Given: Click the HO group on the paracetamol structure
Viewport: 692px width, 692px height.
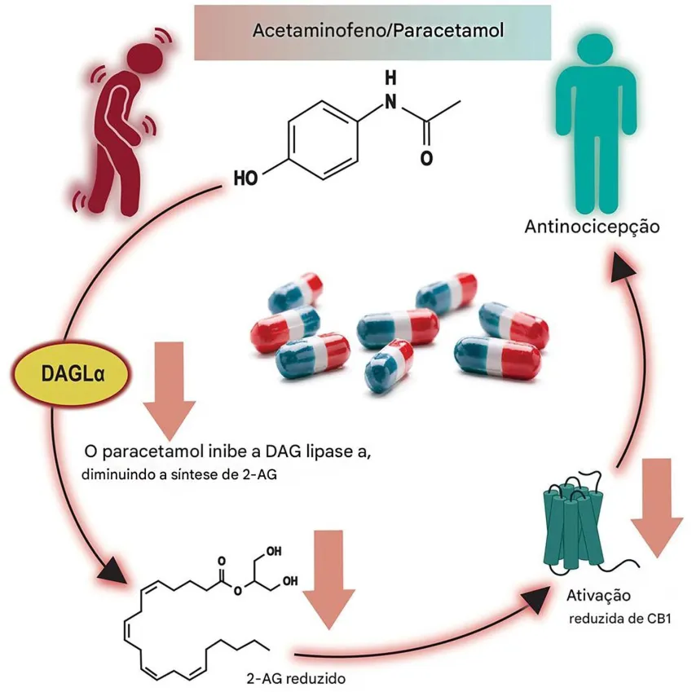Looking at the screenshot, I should pos(244,177).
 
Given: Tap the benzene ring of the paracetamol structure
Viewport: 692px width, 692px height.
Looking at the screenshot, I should pos(324,139).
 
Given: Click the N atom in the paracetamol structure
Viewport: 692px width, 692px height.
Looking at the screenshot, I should pos(391,102).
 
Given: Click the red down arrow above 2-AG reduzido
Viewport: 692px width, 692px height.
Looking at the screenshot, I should pos(329,580).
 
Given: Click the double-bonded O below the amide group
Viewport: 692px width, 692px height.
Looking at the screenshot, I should pos(425,157).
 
